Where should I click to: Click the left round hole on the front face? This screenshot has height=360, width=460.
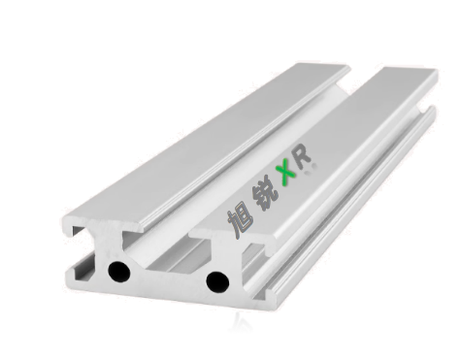[119, 272]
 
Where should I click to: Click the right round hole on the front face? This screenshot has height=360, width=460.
[216, 280]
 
